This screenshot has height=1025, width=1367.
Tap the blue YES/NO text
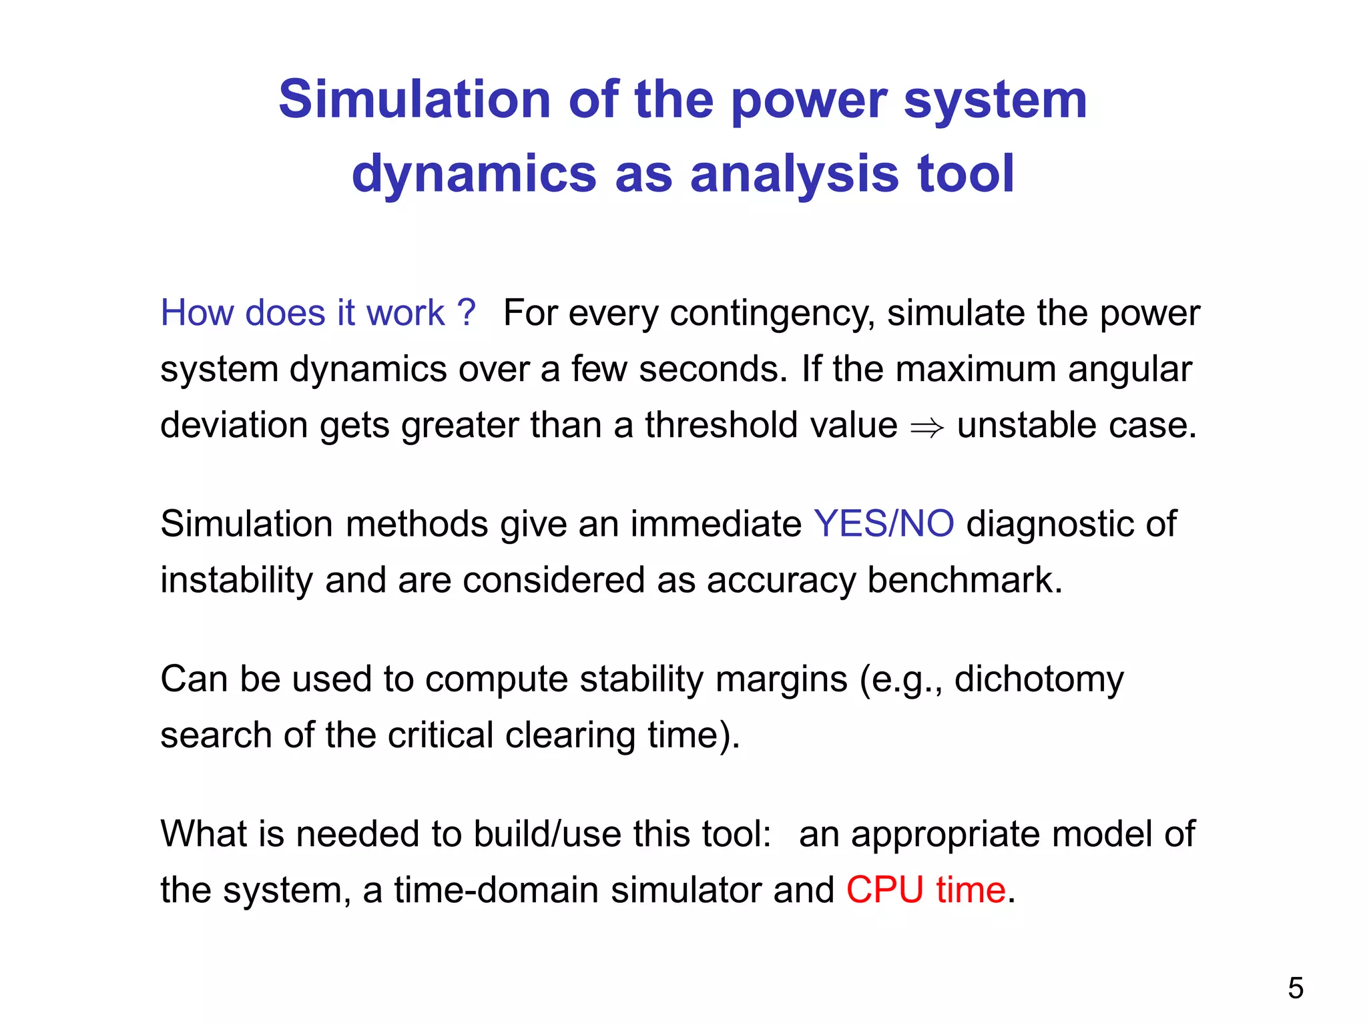click(x=883, y=524)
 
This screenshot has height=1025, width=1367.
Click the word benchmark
click(x=964, y=579)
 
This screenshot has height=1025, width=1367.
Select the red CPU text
click(x=884, y=890)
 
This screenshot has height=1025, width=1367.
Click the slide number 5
click(x=1295, y=988)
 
